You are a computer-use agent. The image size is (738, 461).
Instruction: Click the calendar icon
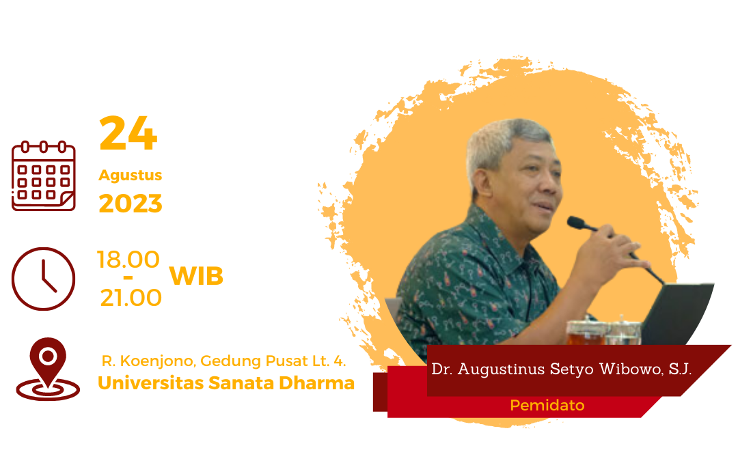pos(44,176)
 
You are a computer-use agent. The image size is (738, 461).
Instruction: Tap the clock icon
pos(43,279)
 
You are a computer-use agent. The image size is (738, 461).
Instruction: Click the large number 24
pos(128,133)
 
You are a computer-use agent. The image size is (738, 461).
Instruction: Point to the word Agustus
pos(131,175)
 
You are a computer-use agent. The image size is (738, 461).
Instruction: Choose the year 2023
pos(131,204)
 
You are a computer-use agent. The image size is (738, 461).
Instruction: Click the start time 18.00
pos(128,260)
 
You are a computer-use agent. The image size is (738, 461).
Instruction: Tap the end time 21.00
pos(131,298)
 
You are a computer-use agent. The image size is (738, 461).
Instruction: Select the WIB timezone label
pos(196,276)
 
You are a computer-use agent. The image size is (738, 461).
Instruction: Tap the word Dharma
pos(317,383)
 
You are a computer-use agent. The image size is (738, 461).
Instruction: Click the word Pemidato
pos(547,405)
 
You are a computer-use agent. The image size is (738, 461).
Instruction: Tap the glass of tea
pos(586,333)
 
